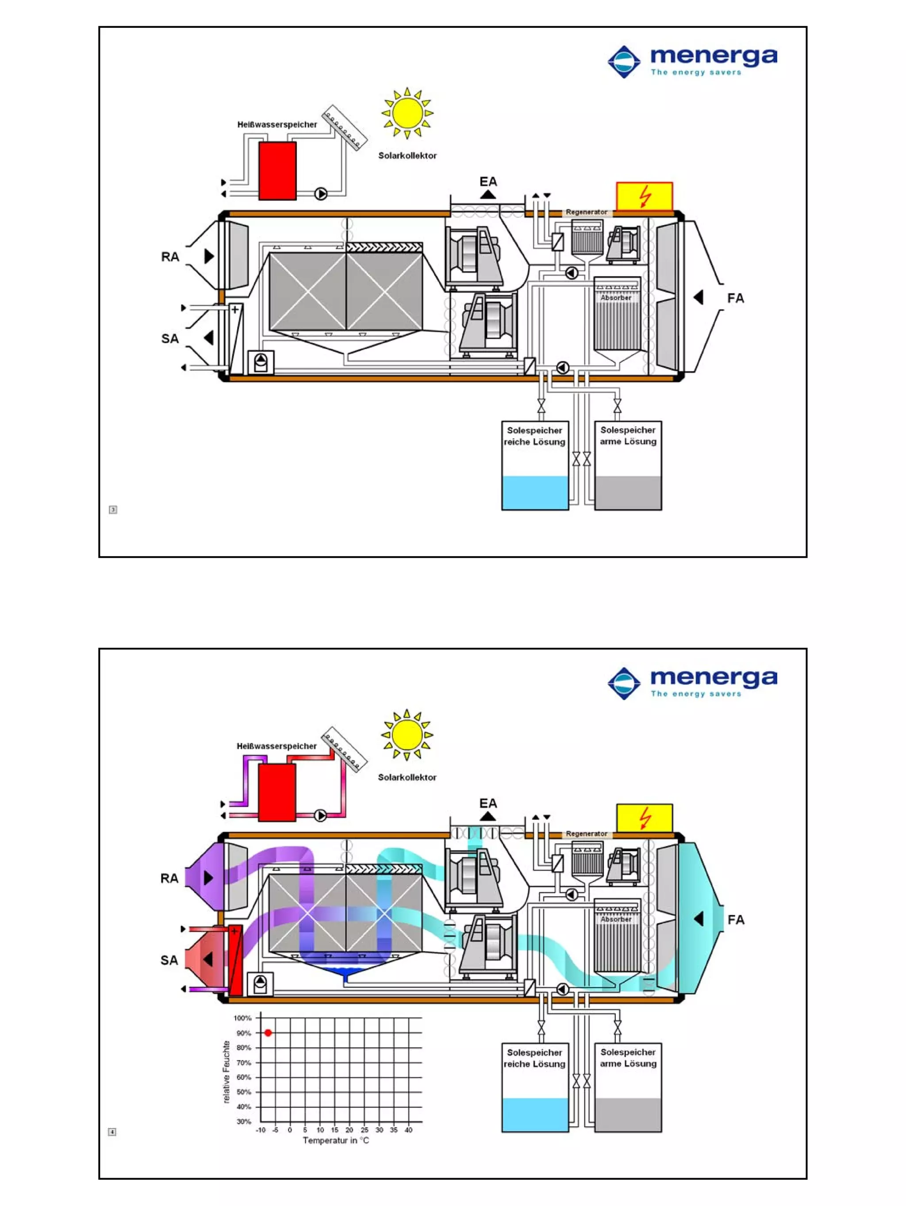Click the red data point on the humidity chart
click(268, 1033)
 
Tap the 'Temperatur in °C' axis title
click(335, 1140)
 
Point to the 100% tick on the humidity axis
click(242, 1018)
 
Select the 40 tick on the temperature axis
click(408, 1129)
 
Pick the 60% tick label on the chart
click(243, 1077)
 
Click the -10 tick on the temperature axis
click(261, 1129)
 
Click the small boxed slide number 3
click(113, 509)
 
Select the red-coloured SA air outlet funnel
click(202, 959)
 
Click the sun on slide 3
click(407, 113)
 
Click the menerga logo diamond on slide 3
click(624, 61)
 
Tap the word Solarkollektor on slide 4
click(407, 777)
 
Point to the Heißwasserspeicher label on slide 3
click(277, 124)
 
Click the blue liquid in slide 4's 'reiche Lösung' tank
click(534, 1114)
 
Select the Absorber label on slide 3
click(616, 298)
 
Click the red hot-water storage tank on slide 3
click(277, 171)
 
